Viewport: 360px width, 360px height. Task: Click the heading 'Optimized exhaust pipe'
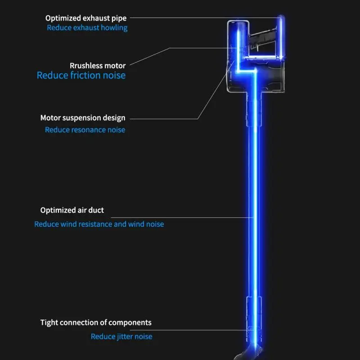[x=86, y=18]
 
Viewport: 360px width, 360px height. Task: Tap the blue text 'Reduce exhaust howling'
[x=87, y=28]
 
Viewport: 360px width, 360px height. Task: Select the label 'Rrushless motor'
[x=98, y=66]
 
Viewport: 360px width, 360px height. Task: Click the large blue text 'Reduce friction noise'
[x=81, y=76]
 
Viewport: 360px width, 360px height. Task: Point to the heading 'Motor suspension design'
[x=83, y=118]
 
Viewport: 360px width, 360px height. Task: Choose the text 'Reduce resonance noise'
[x=85, y=130]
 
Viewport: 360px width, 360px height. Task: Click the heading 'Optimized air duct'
[x=72, y=210]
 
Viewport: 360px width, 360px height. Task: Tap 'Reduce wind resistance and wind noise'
[x=99, y=224]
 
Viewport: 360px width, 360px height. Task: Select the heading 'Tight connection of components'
[x=96, y=323]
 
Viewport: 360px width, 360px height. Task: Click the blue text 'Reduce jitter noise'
[x=121, y=337]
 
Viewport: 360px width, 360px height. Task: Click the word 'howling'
[x=113, y=28]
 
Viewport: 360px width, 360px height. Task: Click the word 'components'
[x=130, y=323]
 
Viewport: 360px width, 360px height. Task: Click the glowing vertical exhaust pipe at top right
[x=282, y=36]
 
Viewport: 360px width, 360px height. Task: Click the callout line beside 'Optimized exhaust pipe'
[x=202, y=18]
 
